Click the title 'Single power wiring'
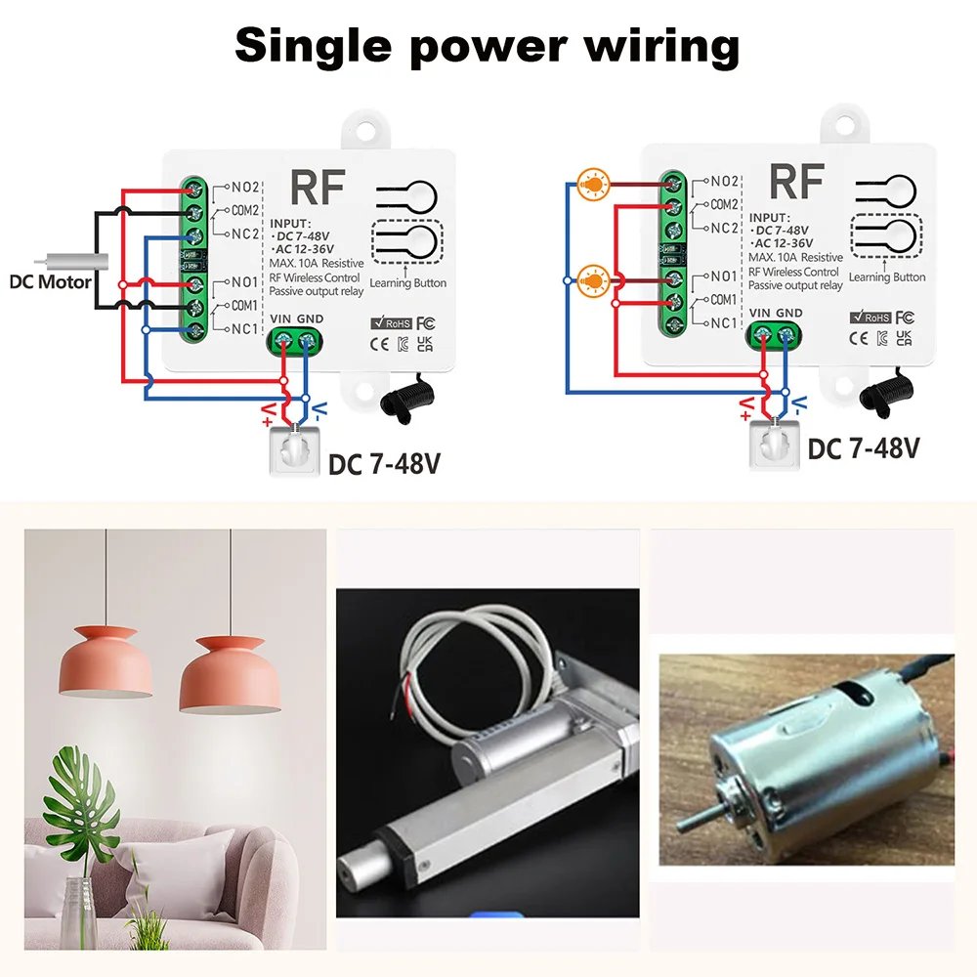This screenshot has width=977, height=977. coord(488,45)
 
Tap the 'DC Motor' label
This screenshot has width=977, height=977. coord(51,282)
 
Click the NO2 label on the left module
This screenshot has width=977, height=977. coord(244,186)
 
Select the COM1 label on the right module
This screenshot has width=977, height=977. coord(724,300)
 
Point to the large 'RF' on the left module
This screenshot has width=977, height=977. coord(319,186)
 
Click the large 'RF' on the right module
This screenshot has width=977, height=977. coord(796,182)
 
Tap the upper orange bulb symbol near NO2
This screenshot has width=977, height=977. coord(591,181)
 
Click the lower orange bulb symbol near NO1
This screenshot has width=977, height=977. coord(591,280)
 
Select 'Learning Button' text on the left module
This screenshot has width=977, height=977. coord(408,283)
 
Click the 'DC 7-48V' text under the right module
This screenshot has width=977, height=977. coord(864,448)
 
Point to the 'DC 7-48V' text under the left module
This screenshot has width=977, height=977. coord(384,462)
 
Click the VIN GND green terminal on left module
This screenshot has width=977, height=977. coord(294,341)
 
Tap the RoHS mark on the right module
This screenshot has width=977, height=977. coord(866,317)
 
